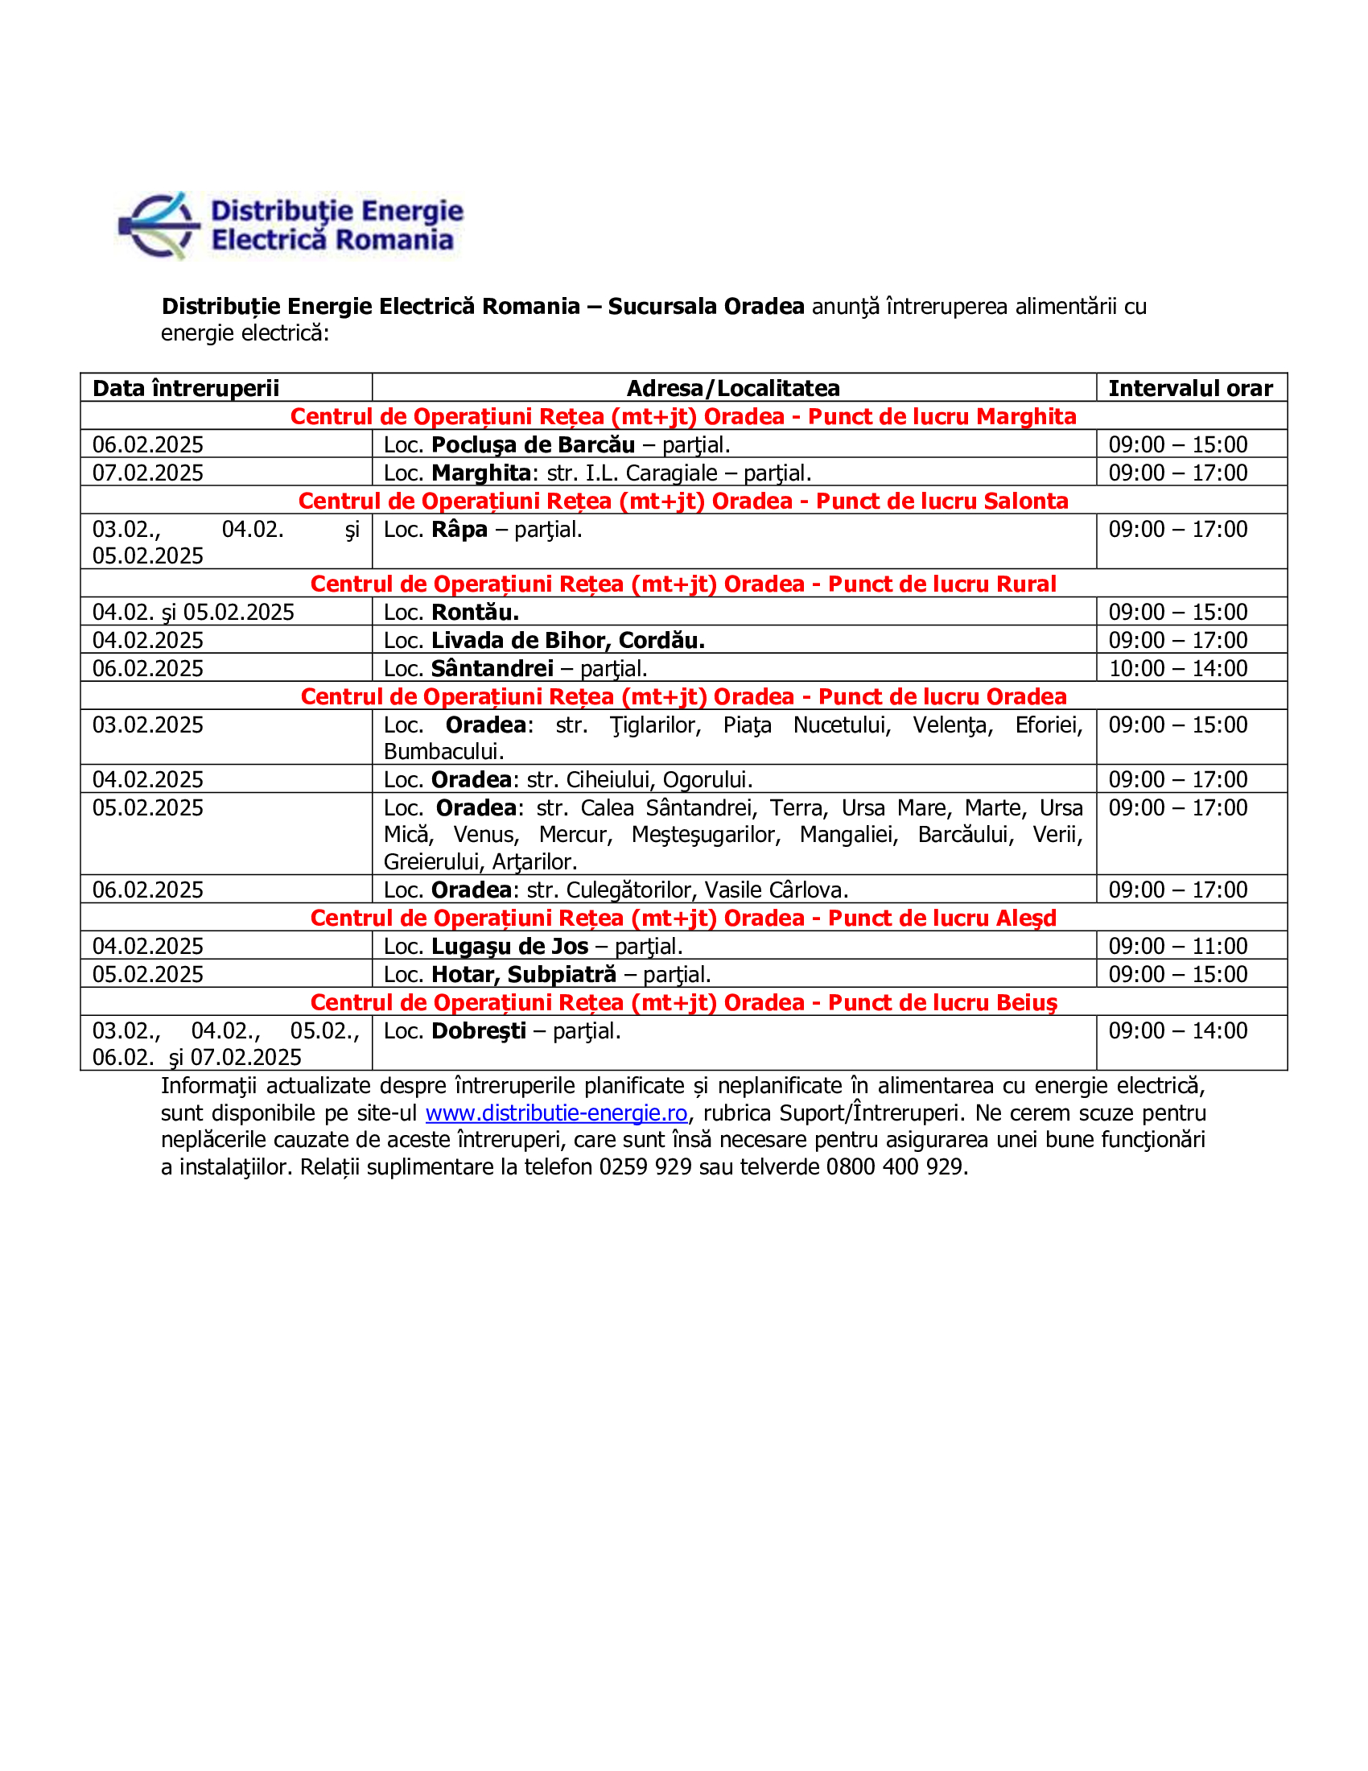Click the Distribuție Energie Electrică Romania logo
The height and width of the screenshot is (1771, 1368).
[x=291, y=225]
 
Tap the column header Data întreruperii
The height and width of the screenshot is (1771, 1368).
[x=186, y=389]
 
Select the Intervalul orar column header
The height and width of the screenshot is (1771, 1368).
[x=1189, y=389]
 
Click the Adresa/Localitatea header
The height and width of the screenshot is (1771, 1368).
[x=732, y=389]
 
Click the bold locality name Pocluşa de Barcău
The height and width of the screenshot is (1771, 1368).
[x=533, y=445]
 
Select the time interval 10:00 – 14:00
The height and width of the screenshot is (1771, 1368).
[x=1177, y=669]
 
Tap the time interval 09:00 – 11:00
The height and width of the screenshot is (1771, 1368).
[x=1177, y=947]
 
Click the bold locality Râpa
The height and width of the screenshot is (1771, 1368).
[x=459, y=530]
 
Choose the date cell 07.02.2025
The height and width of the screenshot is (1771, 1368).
[x=147, y=473]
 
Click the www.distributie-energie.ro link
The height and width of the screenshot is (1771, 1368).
[x=556, y=1113]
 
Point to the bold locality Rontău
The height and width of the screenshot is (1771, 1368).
[x=475, y=613]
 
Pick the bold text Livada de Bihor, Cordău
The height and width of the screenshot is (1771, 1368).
[x=567, y=641]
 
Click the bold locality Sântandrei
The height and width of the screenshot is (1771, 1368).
[x=492, y=669]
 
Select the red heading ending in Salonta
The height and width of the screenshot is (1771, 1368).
[x=682, y=502]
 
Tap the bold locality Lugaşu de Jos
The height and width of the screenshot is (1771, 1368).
[x=509, y=947]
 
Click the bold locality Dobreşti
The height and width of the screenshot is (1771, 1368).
[x=478, y=1031]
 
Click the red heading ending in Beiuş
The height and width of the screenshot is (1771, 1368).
[x=682, y=1003]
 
